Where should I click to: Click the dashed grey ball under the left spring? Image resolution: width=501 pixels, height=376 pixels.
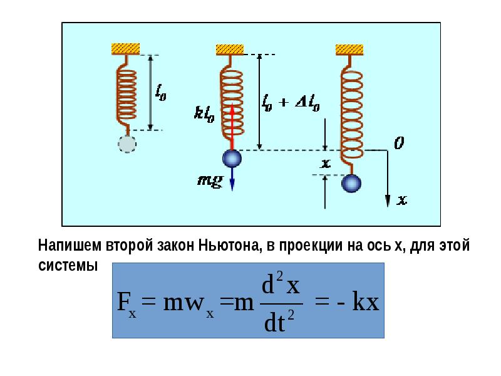click(127, 144)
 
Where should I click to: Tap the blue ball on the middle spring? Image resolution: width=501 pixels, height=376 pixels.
click(232, 159)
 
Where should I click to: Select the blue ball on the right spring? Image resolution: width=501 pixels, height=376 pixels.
click(351, 184)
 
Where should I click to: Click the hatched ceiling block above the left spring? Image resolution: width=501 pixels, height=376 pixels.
click(126, 49)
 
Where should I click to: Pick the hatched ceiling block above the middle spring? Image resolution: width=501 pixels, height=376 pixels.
click(230, 50)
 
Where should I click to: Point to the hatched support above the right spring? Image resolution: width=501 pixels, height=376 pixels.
click(349, 50)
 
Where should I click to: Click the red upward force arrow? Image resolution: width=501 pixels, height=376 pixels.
click(232, 127)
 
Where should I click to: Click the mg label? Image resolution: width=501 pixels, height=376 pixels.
click(210, 181)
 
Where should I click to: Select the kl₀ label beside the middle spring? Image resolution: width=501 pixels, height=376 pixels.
click(205, 114)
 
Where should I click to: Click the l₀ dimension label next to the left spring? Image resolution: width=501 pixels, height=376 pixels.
click(161, 92)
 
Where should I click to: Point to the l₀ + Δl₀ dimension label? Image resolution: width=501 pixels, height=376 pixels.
click(291, 103)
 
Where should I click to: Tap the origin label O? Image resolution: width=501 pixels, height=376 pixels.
click(399, 143)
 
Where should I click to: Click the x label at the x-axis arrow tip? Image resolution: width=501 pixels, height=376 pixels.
click(402, 200)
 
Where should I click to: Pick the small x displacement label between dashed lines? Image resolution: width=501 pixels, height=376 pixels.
click(326, 164)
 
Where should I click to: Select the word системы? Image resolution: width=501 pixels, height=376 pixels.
click(68, 265)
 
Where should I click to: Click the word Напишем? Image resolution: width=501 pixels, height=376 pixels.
click(71, 246)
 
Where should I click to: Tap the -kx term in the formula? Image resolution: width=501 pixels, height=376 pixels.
click(358, 302)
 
